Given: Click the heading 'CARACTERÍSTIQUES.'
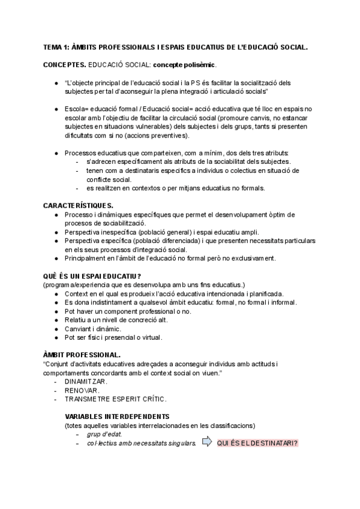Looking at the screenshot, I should tap(79, 206).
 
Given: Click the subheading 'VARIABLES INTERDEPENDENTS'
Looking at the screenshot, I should tap(117, 417).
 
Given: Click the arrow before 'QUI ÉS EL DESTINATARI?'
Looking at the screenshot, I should tap(207, 443).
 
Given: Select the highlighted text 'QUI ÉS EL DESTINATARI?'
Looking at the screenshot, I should tap(258, 444).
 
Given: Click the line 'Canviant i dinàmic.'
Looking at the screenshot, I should tap(93, 328).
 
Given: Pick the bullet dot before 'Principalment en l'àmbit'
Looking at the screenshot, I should tap(56, 258).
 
